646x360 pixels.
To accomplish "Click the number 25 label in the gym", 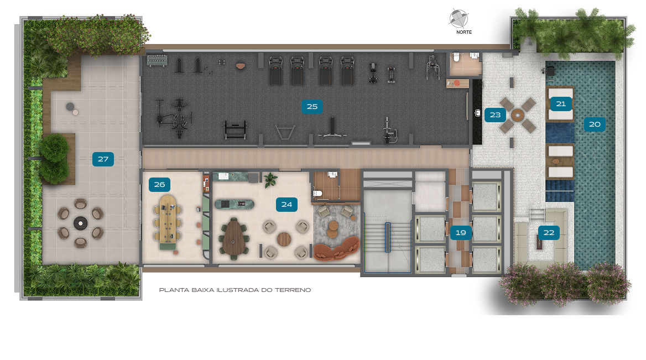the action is pos(312,107).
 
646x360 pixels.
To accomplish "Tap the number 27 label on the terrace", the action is pos(103,159).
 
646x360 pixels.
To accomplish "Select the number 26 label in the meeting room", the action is pos(159,185).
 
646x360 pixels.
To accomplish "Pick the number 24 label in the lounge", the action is pos(286,204).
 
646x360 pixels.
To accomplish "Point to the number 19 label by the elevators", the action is pos(461,233).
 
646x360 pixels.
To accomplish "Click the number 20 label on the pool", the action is pos(595,124).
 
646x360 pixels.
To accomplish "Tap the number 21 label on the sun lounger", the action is pos(561,104).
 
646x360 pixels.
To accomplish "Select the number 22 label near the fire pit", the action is pos(549,233).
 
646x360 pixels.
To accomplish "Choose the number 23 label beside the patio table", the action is pos(495,115).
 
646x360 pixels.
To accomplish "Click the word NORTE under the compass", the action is pos(464,32).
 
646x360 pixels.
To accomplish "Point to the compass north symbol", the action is pos(459,18).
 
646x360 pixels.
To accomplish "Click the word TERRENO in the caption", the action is pos(293,290).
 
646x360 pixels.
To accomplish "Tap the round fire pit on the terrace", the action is pos(80,223).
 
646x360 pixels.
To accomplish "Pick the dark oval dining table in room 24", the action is pos(233,238).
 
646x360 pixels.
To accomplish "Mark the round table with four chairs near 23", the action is pos(518,115).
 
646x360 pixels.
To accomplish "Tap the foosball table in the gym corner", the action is pos(157,60).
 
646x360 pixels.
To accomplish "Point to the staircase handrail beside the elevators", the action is pos(388,237).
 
